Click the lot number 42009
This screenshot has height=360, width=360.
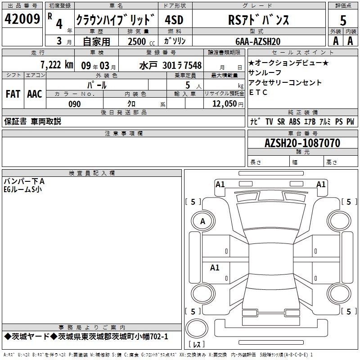pyautogui.click(x=22, y=19)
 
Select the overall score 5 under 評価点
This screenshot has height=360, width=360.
pyautogui.click(x=343, y=20)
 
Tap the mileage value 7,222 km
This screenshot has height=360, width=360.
pyautogui.click(x=57, y=65)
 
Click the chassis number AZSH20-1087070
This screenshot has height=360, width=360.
pyautogui.click(x=302, y=143)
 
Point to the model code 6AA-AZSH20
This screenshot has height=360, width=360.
pyautogui.click(x=258, y=41)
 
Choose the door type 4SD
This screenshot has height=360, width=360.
pyautogui.click(x=174, y=20)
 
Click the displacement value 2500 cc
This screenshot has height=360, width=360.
pyautogui.click(x=141, y=41)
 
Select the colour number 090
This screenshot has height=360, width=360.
pyautogui.click(x=75, y=104)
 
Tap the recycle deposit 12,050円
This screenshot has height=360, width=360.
pyautogui.click(x=228, y=104)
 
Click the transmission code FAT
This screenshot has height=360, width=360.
pyautogui.click(x=13, y=94)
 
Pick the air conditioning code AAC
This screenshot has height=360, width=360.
pyautogui.click(x=35, y=94)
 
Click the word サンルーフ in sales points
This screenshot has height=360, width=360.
pyautogui.click(x=265, y=72)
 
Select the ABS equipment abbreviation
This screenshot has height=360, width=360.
pyautogui.click(x=295, y=121)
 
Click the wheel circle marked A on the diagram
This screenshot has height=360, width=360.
pyautogui.click(x=203, y=221)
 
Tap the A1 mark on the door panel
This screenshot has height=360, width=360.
pyautogui.click(x=215, y=267)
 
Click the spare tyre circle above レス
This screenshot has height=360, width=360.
pyautogui.click(x=197, y=328)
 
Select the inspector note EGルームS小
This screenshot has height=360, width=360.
pyautogui.click(x=23, y=189)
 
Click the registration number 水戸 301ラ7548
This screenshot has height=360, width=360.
pyautogui.click(x=171, y=65)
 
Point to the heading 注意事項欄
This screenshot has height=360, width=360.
pyautogui.click(x=124, y=133)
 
